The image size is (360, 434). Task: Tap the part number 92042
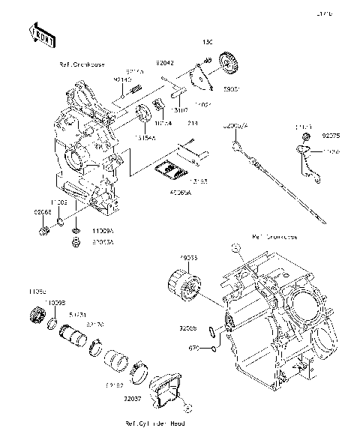pyautogui.click(x=166, y=64)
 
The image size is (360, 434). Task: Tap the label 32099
pyautogui.click(x=188, y=328)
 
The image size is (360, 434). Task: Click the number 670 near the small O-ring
pyautogui.click(x=193, y=348)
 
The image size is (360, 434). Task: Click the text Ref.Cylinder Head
pyautogui.click(x=156, y=424)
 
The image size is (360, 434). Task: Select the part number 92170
pyautogui.click(x=95, y=325)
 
